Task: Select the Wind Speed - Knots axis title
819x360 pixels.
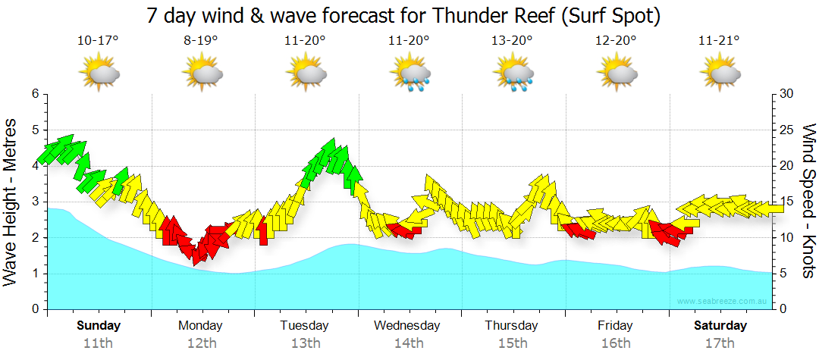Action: click(x=808, y=201)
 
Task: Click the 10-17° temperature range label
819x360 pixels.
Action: click(x=99, y=41)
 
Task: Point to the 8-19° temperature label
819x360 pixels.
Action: click(x=202, y=41)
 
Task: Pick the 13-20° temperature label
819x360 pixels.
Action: click(x=513, y=41)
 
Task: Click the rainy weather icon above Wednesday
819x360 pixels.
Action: click(x=410, y=74)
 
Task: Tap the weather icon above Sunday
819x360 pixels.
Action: click(x=99, y=74)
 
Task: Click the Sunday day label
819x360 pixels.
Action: click(x=99, y=326)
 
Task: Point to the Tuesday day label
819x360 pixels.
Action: click(x=305, y=326)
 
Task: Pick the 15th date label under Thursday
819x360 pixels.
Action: click(x=513, y=343)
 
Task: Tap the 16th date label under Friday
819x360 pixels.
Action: click(x=615, y=343)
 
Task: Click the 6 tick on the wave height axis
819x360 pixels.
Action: click(x=34, y=94)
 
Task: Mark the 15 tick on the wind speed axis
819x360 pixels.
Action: click(x=787, y=202)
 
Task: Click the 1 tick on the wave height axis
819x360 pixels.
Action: click(x=34, y=274)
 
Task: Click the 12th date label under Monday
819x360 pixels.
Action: click(x=201, y=343)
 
